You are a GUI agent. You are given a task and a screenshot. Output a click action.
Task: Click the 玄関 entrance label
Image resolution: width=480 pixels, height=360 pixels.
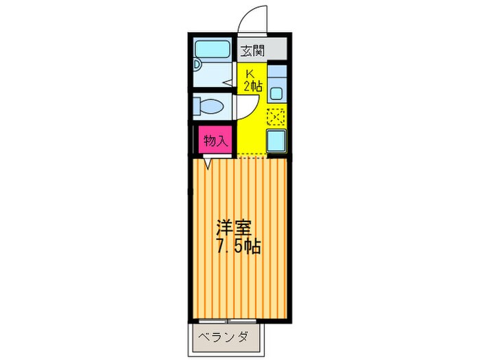[x=252, y=49]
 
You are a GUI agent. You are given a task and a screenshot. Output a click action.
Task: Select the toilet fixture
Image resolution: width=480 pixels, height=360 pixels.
[x=213, y=106]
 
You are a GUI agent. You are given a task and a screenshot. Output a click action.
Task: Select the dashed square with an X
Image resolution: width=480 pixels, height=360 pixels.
[x=276, y=117]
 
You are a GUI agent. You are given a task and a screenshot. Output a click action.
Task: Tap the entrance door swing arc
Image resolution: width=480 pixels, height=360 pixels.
[x=252, y=18]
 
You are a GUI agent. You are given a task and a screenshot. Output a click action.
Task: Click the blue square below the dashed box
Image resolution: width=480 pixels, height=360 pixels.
[x=276, y=141]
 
